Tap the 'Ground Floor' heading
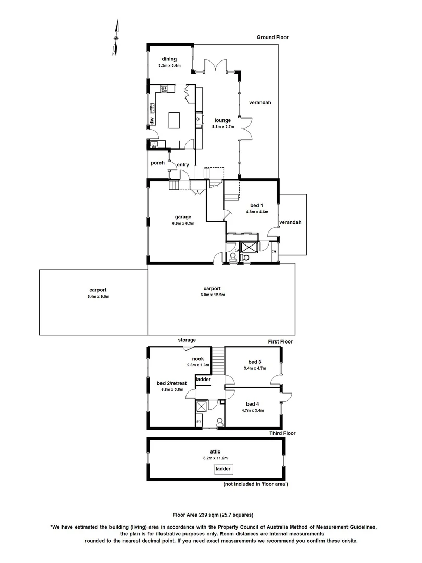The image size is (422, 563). click(272, 38)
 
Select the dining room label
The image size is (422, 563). click(169, 59)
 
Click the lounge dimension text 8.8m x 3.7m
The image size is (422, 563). click(223, 127)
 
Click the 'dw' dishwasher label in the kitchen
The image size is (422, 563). click(152, 120)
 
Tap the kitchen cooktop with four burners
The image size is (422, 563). click(165, 89)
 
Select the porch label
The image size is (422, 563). click(157, 163)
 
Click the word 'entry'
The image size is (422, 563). click(182, 165)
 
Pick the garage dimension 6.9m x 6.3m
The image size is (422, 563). click(183, 224)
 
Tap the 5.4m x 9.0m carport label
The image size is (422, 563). click(98, 296)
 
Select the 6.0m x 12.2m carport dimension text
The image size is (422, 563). click(212, 295)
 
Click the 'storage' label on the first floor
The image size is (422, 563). click(187, 340)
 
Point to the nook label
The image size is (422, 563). click(197, 359)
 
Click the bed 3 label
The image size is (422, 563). click(254, 362)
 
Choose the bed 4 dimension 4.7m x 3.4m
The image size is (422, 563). click(252, 411)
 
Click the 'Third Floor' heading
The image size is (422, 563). click(282, 433)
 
